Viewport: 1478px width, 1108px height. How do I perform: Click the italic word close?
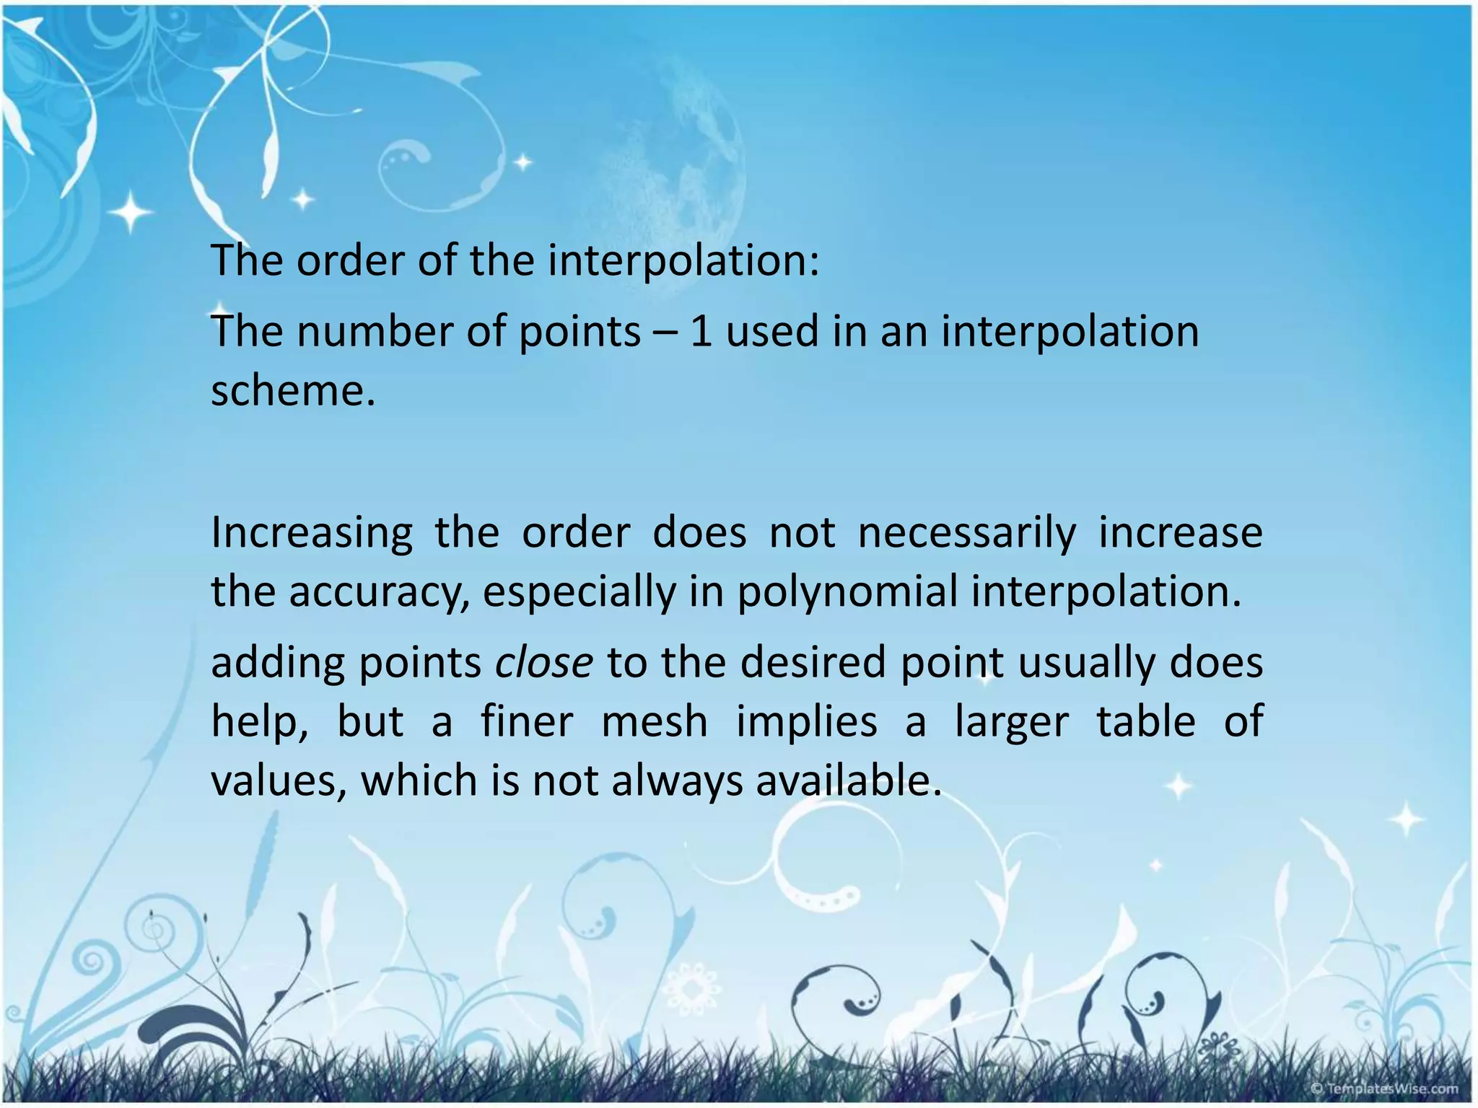pos(543,662)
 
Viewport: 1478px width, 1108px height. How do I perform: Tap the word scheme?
pos(292,391)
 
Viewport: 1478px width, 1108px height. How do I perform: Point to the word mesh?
pos(655,721)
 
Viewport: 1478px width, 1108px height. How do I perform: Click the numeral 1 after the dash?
pos(701,332)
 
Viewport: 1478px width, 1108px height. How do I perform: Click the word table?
pos(1145,721)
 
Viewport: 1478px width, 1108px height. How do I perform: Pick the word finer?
pos(527,721)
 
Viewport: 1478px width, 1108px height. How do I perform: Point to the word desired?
pos(812,662)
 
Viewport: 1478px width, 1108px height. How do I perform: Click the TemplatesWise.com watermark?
pos(1383,1089)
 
